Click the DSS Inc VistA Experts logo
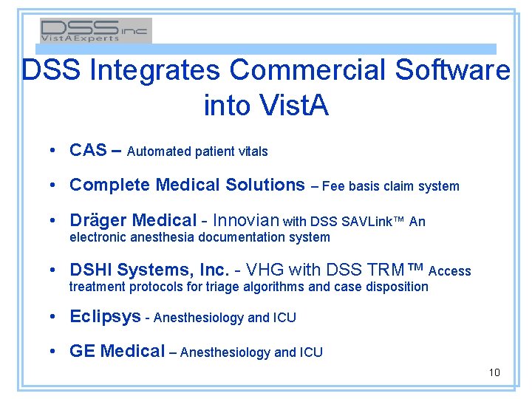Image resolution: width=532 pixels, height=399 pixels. [95, 30]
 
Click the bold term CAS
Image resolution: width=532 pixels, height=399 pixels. [88, 151]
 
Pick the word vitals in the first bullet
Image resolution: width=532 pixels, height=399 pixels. [253, 151]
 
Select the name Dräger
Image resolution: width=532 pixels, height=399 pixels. [98, 220]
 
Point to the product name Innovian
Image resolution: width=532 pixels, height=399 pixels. [246, 220]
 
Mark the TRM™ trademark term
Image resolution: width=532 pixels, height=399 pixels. [400, 270]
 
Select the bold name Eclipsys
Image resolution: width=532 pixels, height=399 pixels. [105, 317]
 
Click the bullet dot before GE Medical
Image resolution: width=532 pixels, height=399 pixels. [56, 352]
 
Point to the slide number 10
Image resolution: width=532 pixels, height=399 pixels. [494, 372]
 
